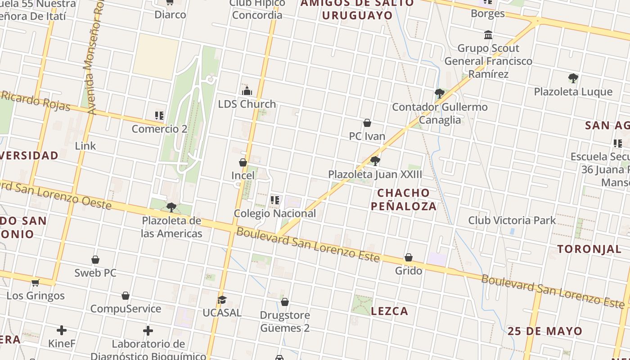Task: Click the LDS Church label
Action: click(247, 104)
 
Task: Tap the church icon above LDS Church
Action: click(247, 91)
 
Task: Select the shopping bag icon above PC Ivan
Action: click(367, 123)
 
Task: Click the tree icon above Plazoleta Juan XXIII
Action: click(375, 161)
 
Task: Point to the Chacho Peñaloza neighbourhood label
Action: click(404, 199)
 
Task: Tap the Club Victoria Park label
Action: click(512, 220)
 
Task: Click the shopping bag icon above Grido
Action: click(409, 257)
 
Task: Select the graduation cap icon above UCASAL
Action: click(222, 300)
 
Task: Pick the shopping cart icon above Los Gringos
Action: click(36, 283)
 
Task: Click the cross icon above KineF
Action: click(62, 331)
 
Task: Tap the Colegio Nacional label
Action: click(275, 213)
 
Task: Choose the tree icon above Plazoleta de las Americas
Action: click(171, 207)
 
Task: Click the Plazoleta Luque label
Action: click(573, 92)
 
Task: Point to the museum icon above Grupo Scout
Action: click(488, 35)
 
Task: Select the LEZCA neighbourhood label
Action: click(390, 311)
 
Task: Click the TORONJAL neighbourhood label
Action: click(589, 249)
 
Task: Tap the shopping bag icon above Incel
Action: click(243, 162)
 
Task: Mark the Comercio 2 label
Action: click(159, 129)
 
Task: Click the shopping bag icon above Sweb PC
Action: click(95, 260)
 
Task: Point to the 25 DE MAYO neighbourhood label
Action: click(545, 332)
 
